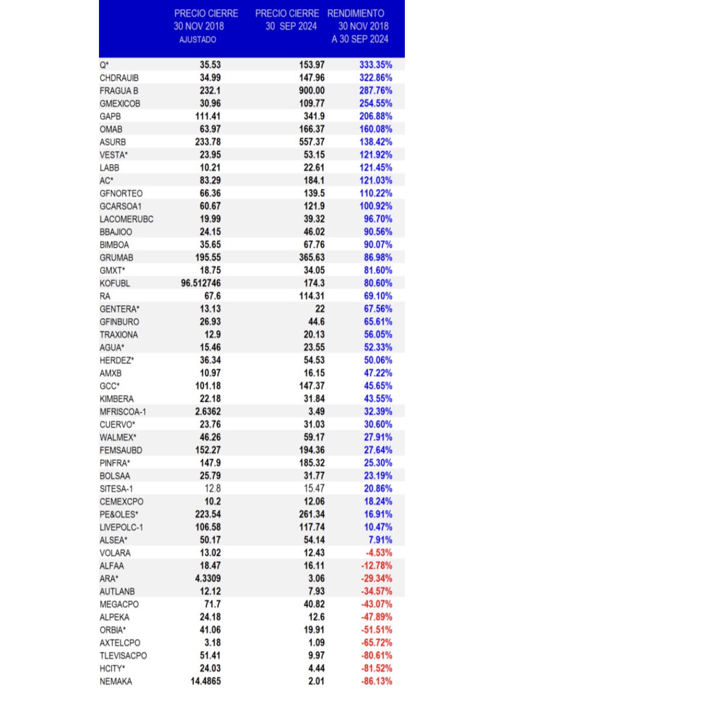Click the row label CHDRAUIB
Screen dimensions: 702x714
pos(119,78)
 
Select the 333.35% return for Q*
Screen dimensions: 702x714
pos(375,65)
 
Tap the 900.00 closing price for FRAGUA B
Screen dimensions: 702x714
pos(311,91)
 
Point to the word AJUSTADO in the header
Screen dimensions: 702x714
pos(197,39)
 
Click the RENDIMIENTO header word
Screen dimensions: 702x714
pos(356,13)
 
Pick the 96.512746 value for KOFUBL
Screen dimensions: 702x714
pos(201,283)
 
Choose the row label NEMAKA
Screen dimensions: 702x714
pos(116,681)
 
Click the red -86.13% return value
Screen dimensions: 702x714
pos(376,681)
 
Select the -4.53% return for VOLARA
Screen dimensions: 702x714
pos(379,553)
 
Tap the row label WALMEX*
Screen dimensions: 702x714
pos(118,437)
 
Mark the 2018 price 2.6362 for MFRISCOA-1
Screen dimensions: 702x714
pos(207,412)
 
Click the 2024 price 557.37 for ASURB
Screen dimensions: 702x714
pos(311,142)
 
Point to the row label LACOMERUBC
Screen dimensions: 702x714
pos(126,219)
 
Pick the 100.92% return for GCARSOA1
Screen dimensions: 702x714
pos(375,206)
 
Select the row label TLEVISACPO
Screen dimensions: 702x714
pos(123,656)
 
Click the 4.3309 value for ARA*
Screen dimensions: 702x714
pos(207,579)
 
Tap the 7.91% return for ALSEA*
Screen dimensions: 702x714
pos(380,540)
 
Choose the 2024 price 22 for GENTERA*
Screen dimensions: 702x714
pos(320,309)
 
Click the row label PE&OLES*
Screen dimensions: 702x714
pos(119,515)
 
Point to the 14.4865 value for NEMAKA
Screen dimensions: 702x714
pos(205,681)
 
